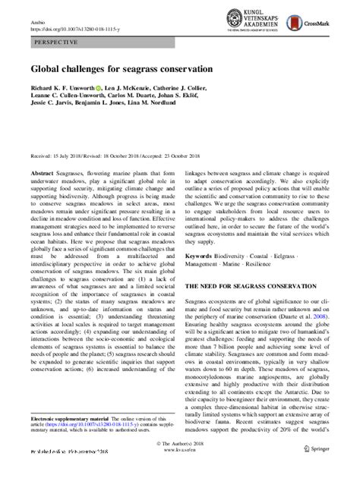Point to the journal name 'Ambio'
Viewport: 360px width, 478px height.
tap(36, 23)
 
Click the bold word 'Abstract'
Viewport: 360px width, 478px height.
tap(43, 173)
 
